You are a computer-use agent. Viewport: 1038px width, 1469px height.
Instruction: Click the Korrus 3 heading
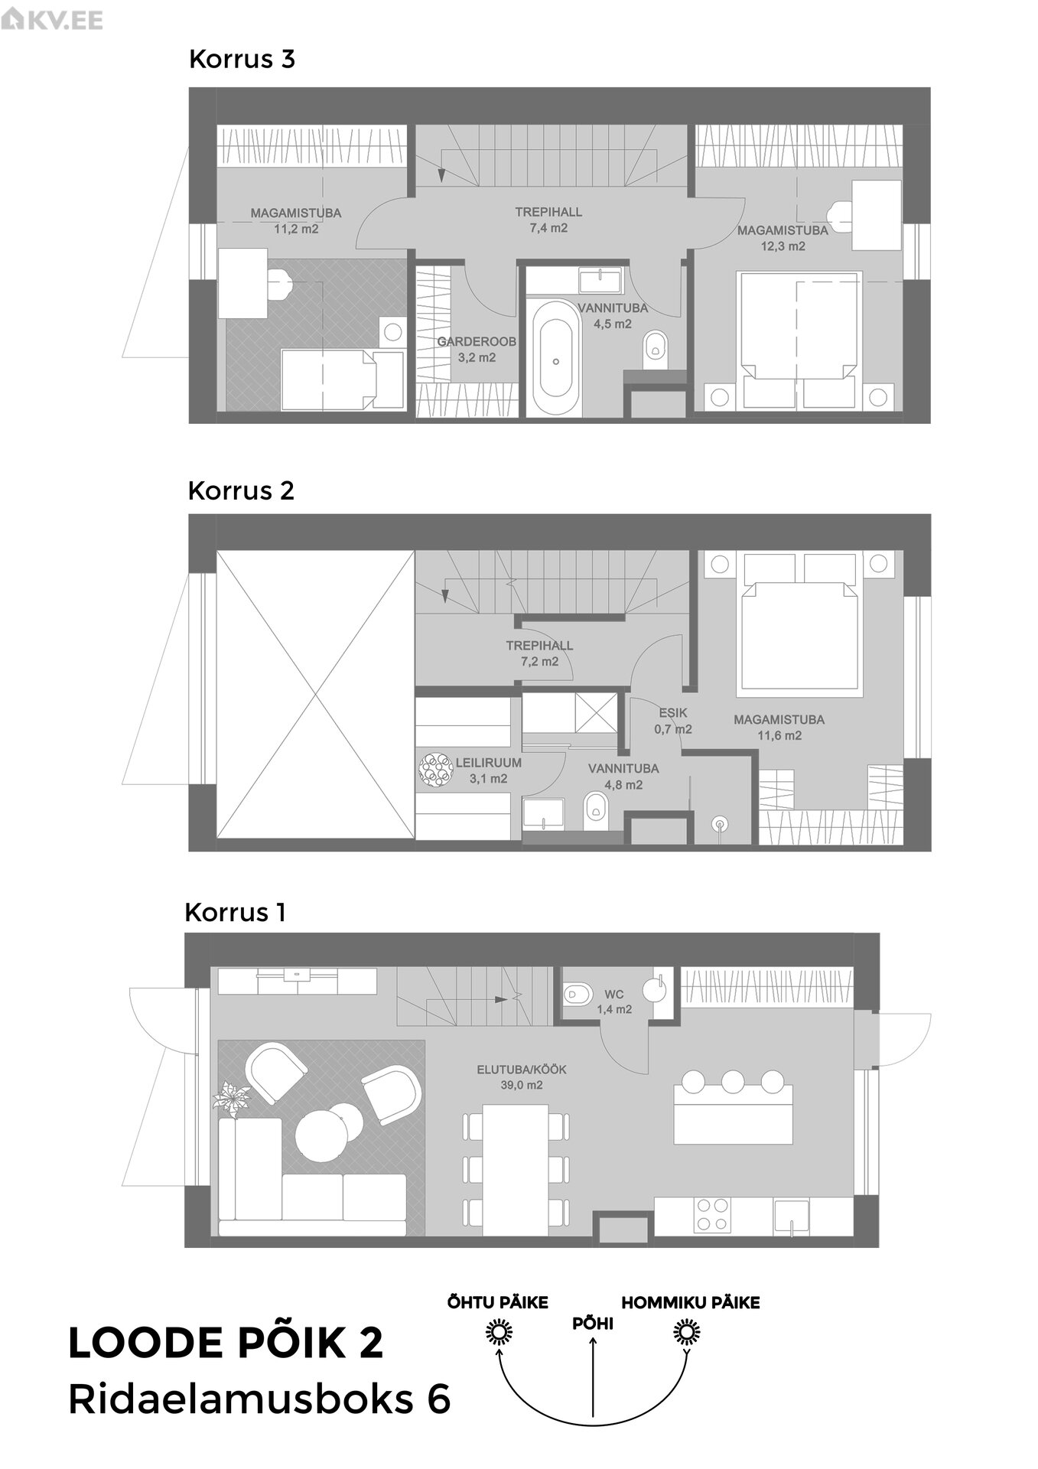point(242,59)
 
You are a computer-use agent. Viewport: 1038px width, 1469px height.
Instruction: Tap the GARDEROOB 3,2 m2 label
point(477,350)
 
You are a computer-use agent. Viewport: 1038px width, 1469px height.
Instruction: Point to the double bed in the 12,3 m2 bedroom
point(799,339)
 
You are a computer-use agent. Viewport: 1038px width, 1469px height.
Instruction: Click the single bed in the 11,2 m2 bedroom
point(343,379)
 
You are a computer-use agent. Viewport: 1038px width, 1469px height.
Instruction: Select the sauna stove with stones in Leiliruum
point(436,770)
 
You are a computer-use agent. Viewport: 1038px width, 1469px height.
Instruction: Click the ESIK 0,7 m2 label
point(673,721)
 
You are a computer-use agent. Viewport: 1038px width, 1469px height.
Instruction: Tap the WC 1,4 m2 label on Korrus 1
point(614,1002)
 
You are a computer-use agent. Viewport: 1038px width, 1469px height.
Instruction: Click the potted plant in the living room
point(231,1099)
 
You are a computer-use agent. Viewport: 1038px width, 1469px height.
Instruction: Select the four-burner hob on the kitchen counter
point(712,1214)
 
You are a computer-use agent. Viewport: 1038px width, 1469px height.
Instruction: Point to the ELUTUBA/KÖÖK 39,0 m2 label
point(522,1077)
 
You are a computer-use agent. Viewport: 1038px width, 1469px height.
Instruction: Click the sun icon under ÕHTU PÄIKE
point(499,1334)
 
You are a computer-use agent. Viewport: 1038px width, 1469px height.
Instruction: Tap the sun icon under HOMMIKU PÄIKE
point(687,1334)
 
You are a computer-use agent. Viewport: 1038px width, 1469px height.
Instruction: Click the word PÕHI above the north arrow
point(593,1324)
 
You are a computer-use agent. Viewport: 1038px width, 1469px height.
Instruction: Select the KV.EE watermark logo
point(52,20)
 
